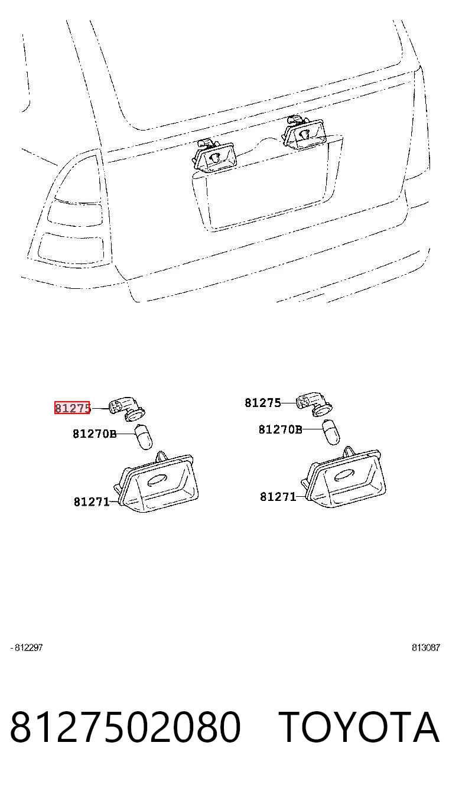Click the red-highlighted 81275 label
(72, 408)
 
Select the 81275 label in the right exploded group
(263, 402)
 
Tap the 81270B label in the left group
(95, 434)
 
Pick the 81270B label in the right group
(281, 429)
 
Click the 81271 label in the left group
(92, 502)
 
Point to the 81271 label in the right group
(278, 497)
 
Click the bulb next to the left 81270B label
(144, 437)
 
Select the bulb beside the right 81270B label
(331, 432)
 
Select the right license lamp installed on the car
(302, 133)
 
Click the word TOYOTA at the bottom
(359, 727)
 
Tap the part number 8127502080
(125, 727)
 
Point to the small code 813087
(426, 647)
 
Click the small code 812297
(27, 647)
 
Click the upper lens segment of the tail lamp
(74, 214)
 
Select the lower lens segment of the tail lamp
(70, 249)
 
